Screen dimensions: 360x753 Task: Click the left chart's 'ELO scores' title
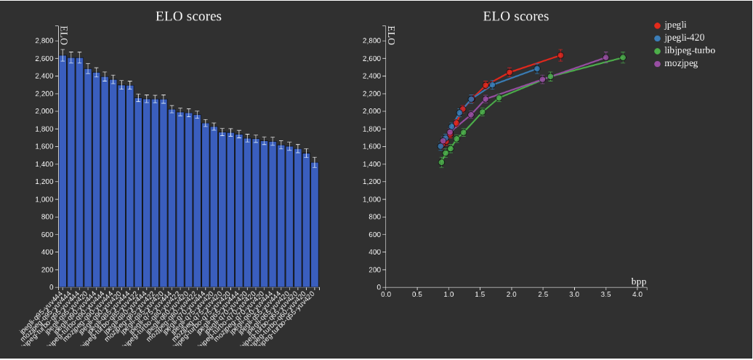point(188,16)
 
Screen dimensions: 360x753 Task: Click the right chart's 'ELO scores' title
point(515,16)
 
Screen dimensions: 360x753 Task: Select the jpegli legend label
point(675,25)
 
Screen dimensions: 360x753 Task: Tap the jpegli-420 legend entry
point(684,38)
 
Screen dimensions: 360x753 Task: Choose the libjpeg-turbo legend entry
point(689,51)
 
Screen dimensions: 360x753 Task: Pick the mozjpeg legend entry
point(680,63)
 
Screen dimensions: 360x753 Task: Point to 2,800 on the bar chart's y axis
point(43,41)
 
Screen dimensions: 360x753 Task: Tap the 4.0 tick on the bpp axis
point(637,295)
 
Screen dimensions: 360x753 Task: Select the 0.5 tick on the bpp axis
point(417,295)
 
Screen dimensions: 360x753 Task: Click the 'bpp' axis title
point(638,281)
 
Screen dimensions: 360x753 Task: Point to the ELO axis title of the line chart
point(391,36)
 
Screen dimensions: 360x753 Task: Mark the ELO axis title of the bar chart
point(63,36)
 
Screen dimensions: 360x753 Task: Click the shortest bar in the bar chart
point(315,225)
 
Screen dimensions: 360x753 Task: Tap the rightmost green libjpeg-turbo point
point(623,57)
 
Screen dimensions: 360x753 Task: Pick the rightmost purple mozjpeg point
point(605,57)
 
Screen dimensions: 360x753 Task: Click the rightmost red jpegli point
point(560,55)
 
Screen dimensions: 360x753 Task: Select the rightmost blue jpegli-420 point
point(537,69)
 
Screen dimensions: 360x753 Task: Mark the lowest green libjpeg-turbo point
point(441,162)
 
